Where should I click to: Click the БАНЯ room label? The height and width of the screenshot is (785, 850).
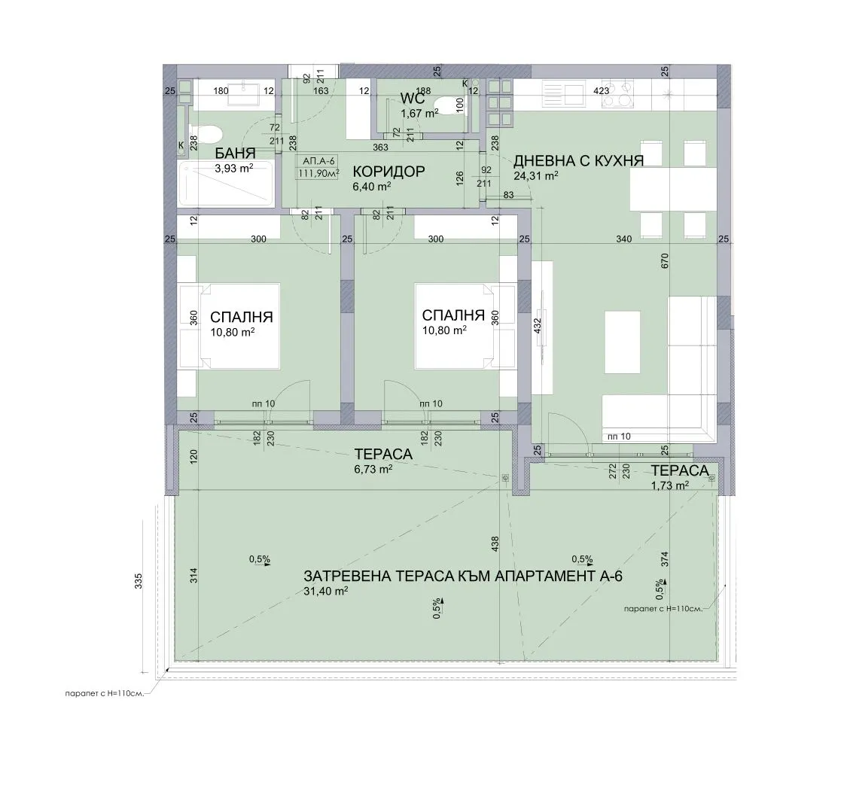click(235, 154)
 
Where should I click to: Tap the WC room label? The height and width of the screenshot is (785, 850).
click(413, 98)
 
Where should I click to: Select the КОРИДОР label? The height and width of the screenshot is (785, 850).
click(388, 172)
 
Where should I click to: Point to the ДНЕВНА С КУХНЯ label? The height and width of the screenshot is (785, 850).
click(578, 161)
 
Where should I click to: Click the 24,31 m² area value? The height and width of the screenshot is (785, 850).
click(536, 175)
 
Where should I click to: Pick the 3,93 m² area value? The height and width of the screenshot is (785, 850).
click(234, 169)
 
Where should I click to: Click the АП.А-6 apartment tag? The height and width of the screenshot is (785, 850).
click(318, 161)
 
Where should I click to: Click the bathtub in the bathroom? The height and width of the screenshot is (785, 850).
click(226, 184)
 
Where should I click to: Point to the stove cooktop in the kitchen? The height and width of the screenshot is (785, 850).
click(619, 93)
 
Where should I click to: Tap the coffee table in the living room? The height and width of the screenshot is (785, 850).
click(623, 342)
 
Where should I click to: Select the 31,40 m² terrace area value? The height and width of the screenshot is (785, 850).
click(326, 591)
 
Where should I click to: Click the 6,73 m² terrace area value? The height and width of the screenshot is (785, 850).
click(373, 469)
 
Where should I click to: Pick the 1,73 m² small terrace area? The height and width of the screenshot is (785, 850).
click(670, 485)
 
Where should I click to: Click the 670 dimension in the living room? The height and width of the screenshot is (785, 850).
click(665, 260)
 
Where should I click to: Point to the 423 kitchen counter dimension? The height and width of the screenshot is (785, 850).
click(602, 91)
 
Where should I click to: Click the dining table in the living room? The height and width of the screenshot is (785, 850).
click(673, 189)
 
